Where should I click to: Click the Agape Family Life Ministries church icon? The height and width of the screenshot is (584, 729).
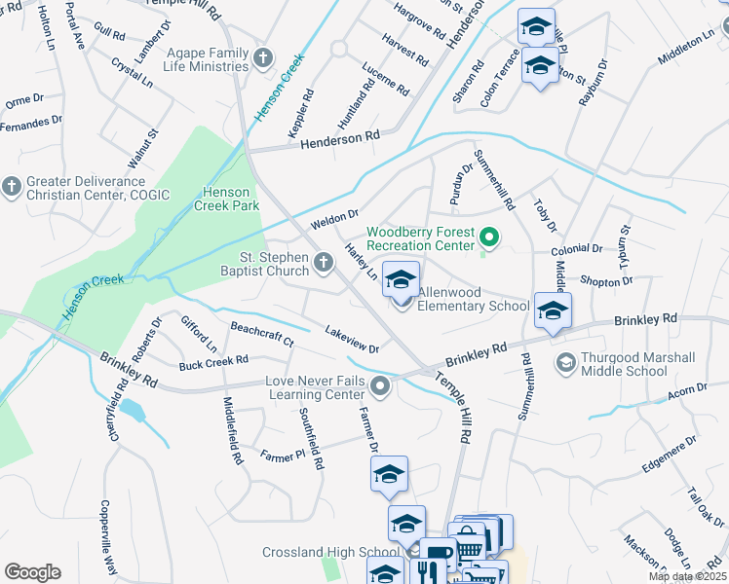262,59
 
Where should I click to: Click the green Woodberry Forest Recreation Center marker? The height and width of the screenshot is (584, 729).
491,237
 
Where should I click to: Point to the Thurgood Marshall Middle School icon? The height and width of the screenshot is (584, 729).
563,363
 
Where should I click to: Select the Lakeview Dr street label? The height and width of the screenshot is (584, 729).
352,340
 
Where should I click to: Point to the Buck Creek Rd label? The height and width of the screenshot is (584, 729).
213,365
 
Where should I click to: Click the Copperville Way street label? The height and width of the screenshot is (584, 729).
108,536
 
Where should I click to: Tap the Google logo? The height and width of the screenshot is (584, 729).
32,572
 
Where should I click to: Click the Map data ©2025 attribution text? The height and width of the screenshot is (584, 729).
687,576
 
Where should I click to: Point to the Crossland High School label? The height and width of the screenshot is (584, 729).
318,553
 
